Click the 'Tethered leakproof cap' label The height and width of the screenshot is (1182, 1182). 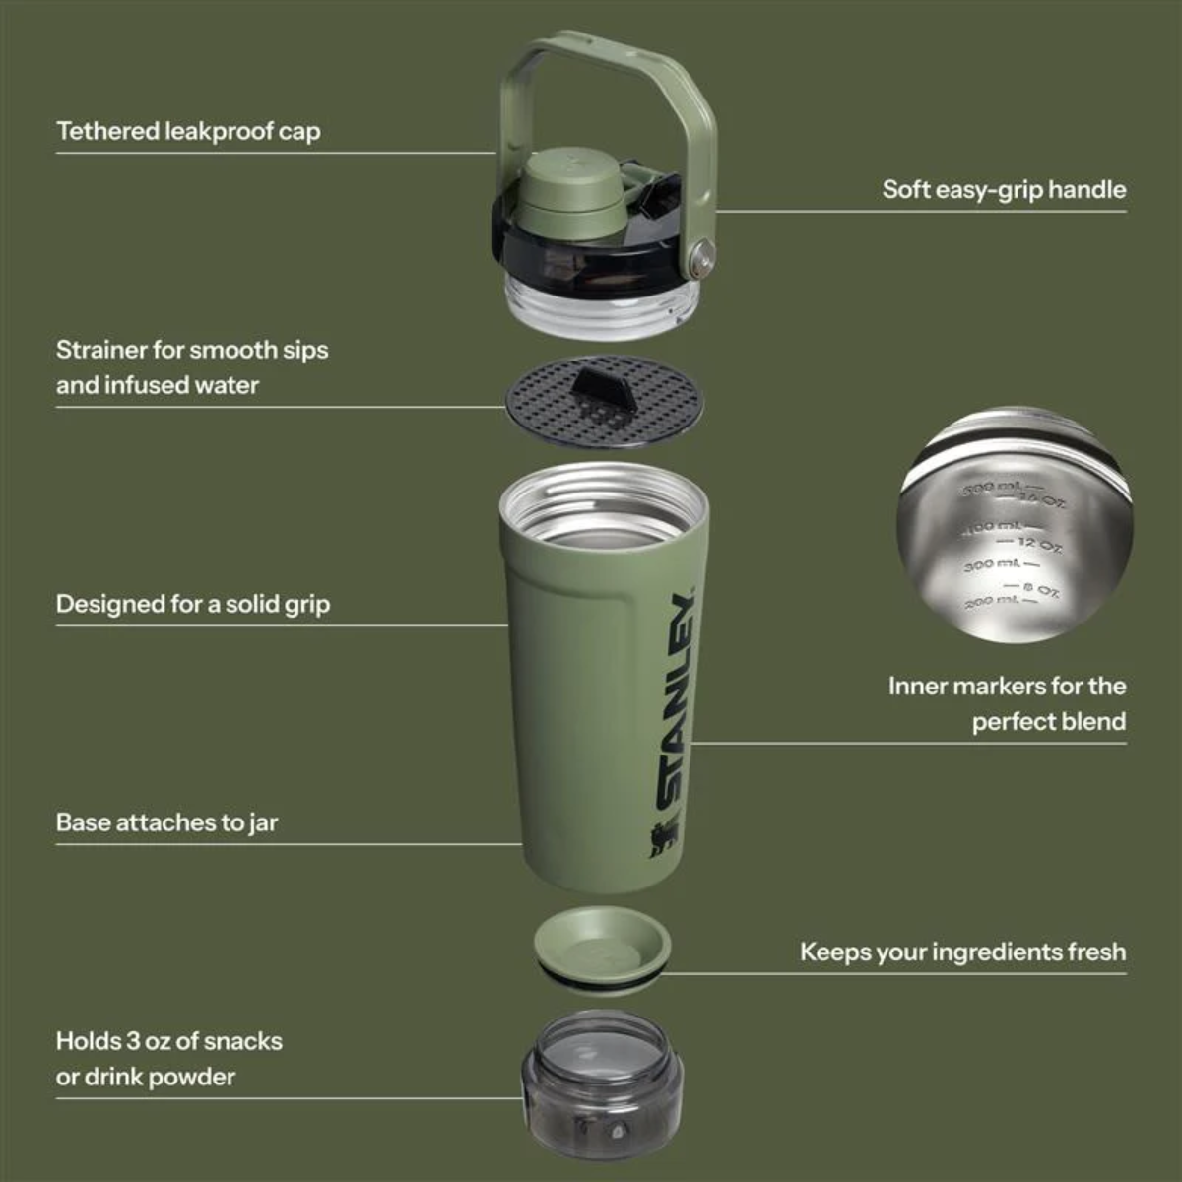(188, 131)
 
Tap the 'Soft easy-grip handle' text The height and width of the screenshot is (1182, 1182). (1003, 189)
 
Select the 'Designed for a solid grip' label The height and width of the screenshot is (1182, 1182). (192, 604)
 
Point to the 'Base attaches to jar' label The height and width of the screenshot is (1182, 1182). (166, 822)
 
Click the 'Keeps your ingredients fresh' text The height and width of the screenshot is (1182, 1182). (961, 952)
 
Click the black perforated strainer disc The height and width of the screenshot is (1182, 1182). (552, 404)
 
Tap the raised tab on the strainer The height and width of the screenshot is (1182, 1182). (602, 388)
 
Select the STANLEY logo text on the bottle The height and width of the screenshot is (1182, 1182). (678, 699)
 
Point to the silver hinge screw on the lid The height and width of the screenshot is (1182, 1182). (700, 258)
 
